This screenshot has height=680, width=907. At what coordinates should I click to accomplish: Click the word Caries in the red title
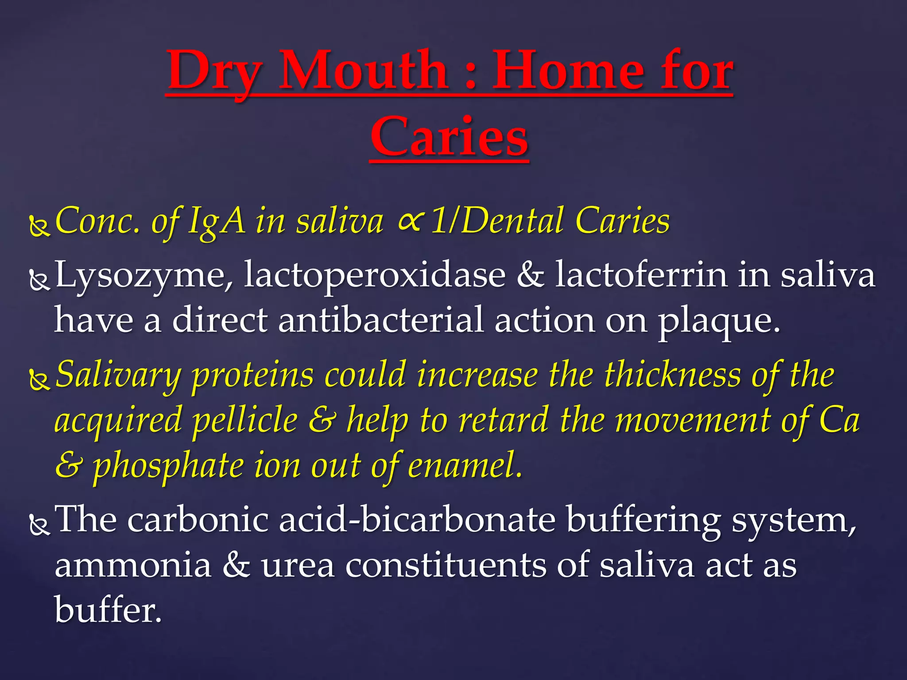point(449,137)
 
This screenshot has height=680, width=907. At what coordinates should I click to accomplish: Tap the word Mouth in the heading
point(363,71)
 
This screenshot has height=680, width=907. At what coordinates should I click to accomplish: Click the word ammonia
point(133,566)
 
